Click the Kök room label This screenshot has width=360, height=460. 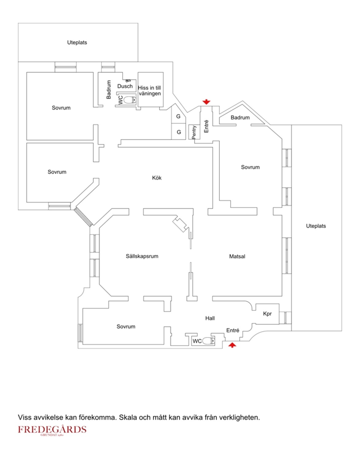point(157,178)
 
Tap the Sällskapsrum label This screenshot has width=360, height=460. point(142,256)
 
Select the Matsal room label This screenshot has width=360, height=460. point(237,256)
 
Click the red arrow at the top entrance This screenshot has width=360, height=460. point(207,102)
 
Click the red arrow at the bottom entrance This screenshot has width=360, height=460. point(232,345)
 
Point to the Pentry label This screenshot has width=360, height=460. point(194,132)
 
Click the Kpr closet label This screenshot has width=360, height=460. point(267,314)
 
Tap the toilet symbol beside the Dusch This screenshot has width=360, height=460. point(131,100)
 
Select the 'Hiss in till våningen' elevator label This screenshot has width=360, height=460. point(149,90)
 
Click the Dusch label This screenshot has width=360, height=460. point(125,86)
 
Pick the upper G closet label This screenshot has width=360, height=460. point(178,117)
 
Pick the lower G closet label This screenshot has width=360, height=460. point(179,132)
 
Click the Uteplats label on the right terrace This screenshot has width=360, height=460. point(316,226)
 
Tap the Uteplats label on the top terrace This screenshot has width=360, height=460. point(77,43)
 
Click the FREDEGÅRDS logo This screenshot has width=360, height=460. point(52,430)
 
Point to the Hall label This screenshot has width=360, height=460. point(210,318)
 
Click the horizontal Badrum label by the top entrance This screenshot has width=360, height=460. point(240,117)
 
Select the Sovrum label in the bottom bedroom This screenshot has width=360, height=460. point(126,327)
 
